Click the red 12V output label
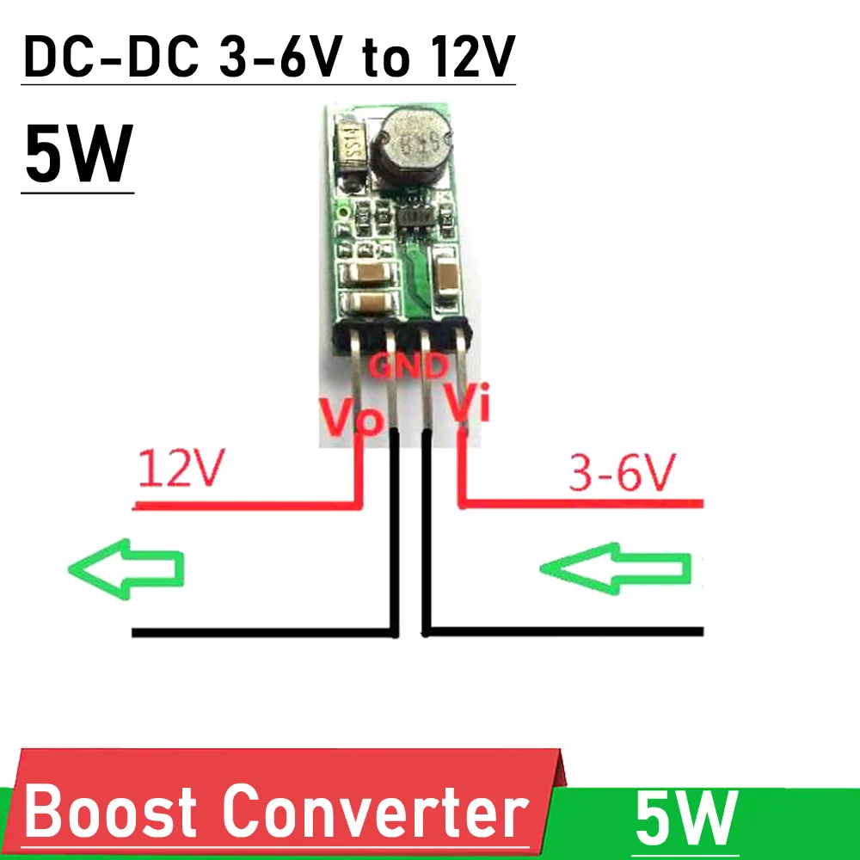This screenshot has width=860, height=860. click(x=181, y=468)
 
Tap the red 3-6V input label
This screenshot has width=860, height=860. click(x=622, y=472)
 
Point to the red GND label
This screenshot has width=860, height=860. click(x=408, y=365)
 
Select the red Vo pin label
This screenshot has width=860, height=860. click(x=351, y=417)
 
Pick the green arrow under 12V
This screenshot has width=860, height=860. click(x=126, y=568)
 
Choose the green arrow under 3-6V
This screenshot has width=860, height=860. click(x=615, y=568)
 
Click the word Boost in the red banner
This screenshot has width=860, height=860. click(x=110, y=811)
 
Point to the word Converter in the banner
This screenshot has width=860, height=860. click(x=376, y=811)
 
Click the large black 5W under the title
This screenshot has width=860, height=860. click(x=78, y=153)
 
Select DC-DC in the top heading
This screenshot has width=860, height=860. click(x=111, y=57)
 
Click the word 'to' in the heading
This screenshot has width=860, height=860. click(x=386, y=60)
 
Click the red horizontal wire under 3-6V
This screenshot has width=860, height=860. click(x=580, y=503)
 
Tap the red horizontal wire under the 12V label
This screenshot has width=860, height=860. click(x=248, y=506)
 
